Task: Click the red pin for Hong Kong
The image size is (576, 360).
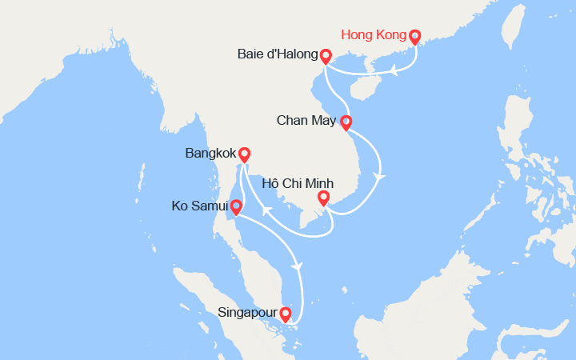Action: [414, 37]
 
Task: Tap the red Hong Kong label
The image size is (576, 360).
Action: [373, 35]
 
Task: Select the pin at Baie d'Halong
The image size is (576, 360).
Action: [326, 56]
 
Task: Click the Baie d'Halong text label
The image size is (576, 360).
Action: [277, 55]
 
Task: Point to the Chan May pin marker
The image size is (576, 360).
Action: [346, 122]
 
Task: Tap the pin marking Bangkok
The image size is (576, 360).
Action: [244, 154]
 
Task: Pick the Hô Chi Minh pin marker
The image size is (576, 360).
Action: [323, 198]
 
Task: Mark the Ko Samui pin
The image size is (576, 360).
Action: [236, 207]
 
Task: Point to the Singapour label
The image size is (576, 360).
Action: [247, 313]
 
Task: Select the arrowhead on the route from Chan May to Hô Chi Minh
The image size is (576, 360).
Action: [381, 177]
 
